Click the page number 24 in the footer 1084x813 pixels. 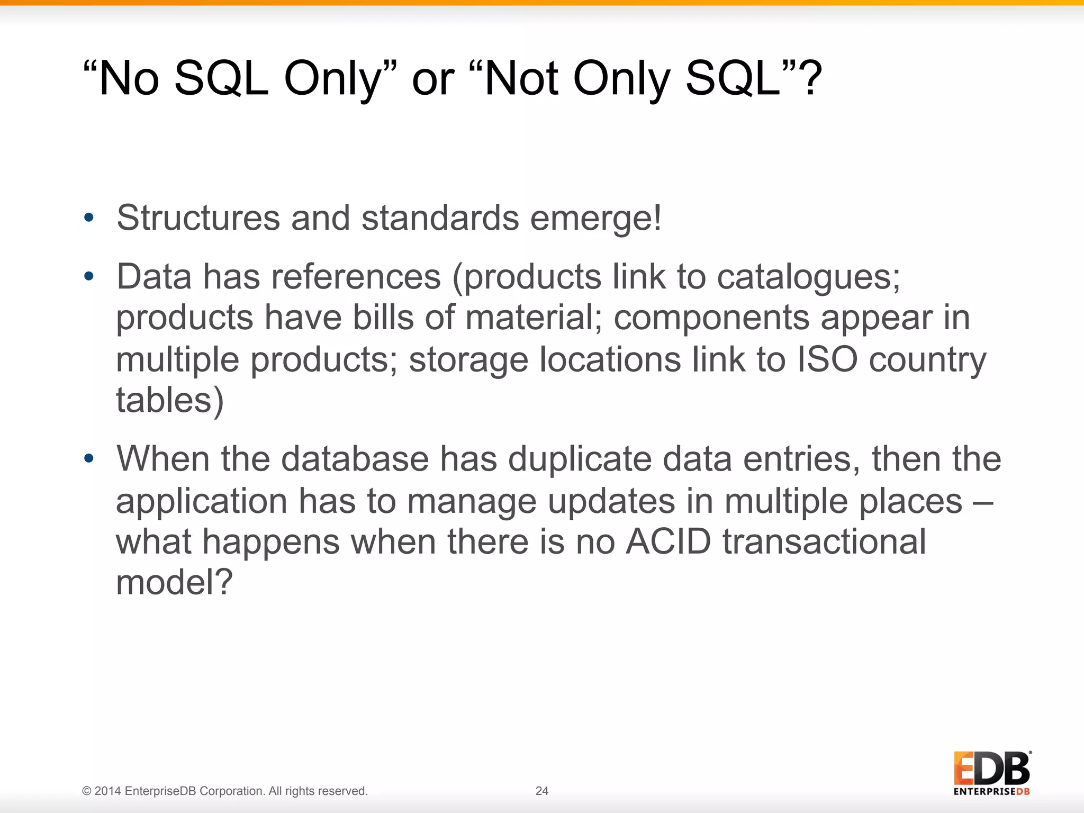[542, 791]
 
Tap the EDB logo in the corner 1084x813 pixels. [992, 773]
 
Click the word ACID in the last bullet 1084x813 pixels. [668, 542]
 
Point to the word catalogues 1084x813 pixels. [808, 277]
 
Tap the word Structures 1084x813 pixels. [198, 218]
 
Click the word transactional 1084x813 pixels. [824, 542]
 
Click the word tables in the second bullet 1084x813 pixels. [164, 400]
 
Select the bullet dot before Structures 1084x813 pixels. [89, 218]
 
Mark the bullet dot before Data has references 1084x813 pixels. [89, 276]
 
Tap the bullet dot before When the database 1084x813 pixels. [89, 458]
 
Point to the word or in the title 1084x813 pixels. [433, 79]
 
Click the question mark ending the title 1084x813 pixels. [810, 78]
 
